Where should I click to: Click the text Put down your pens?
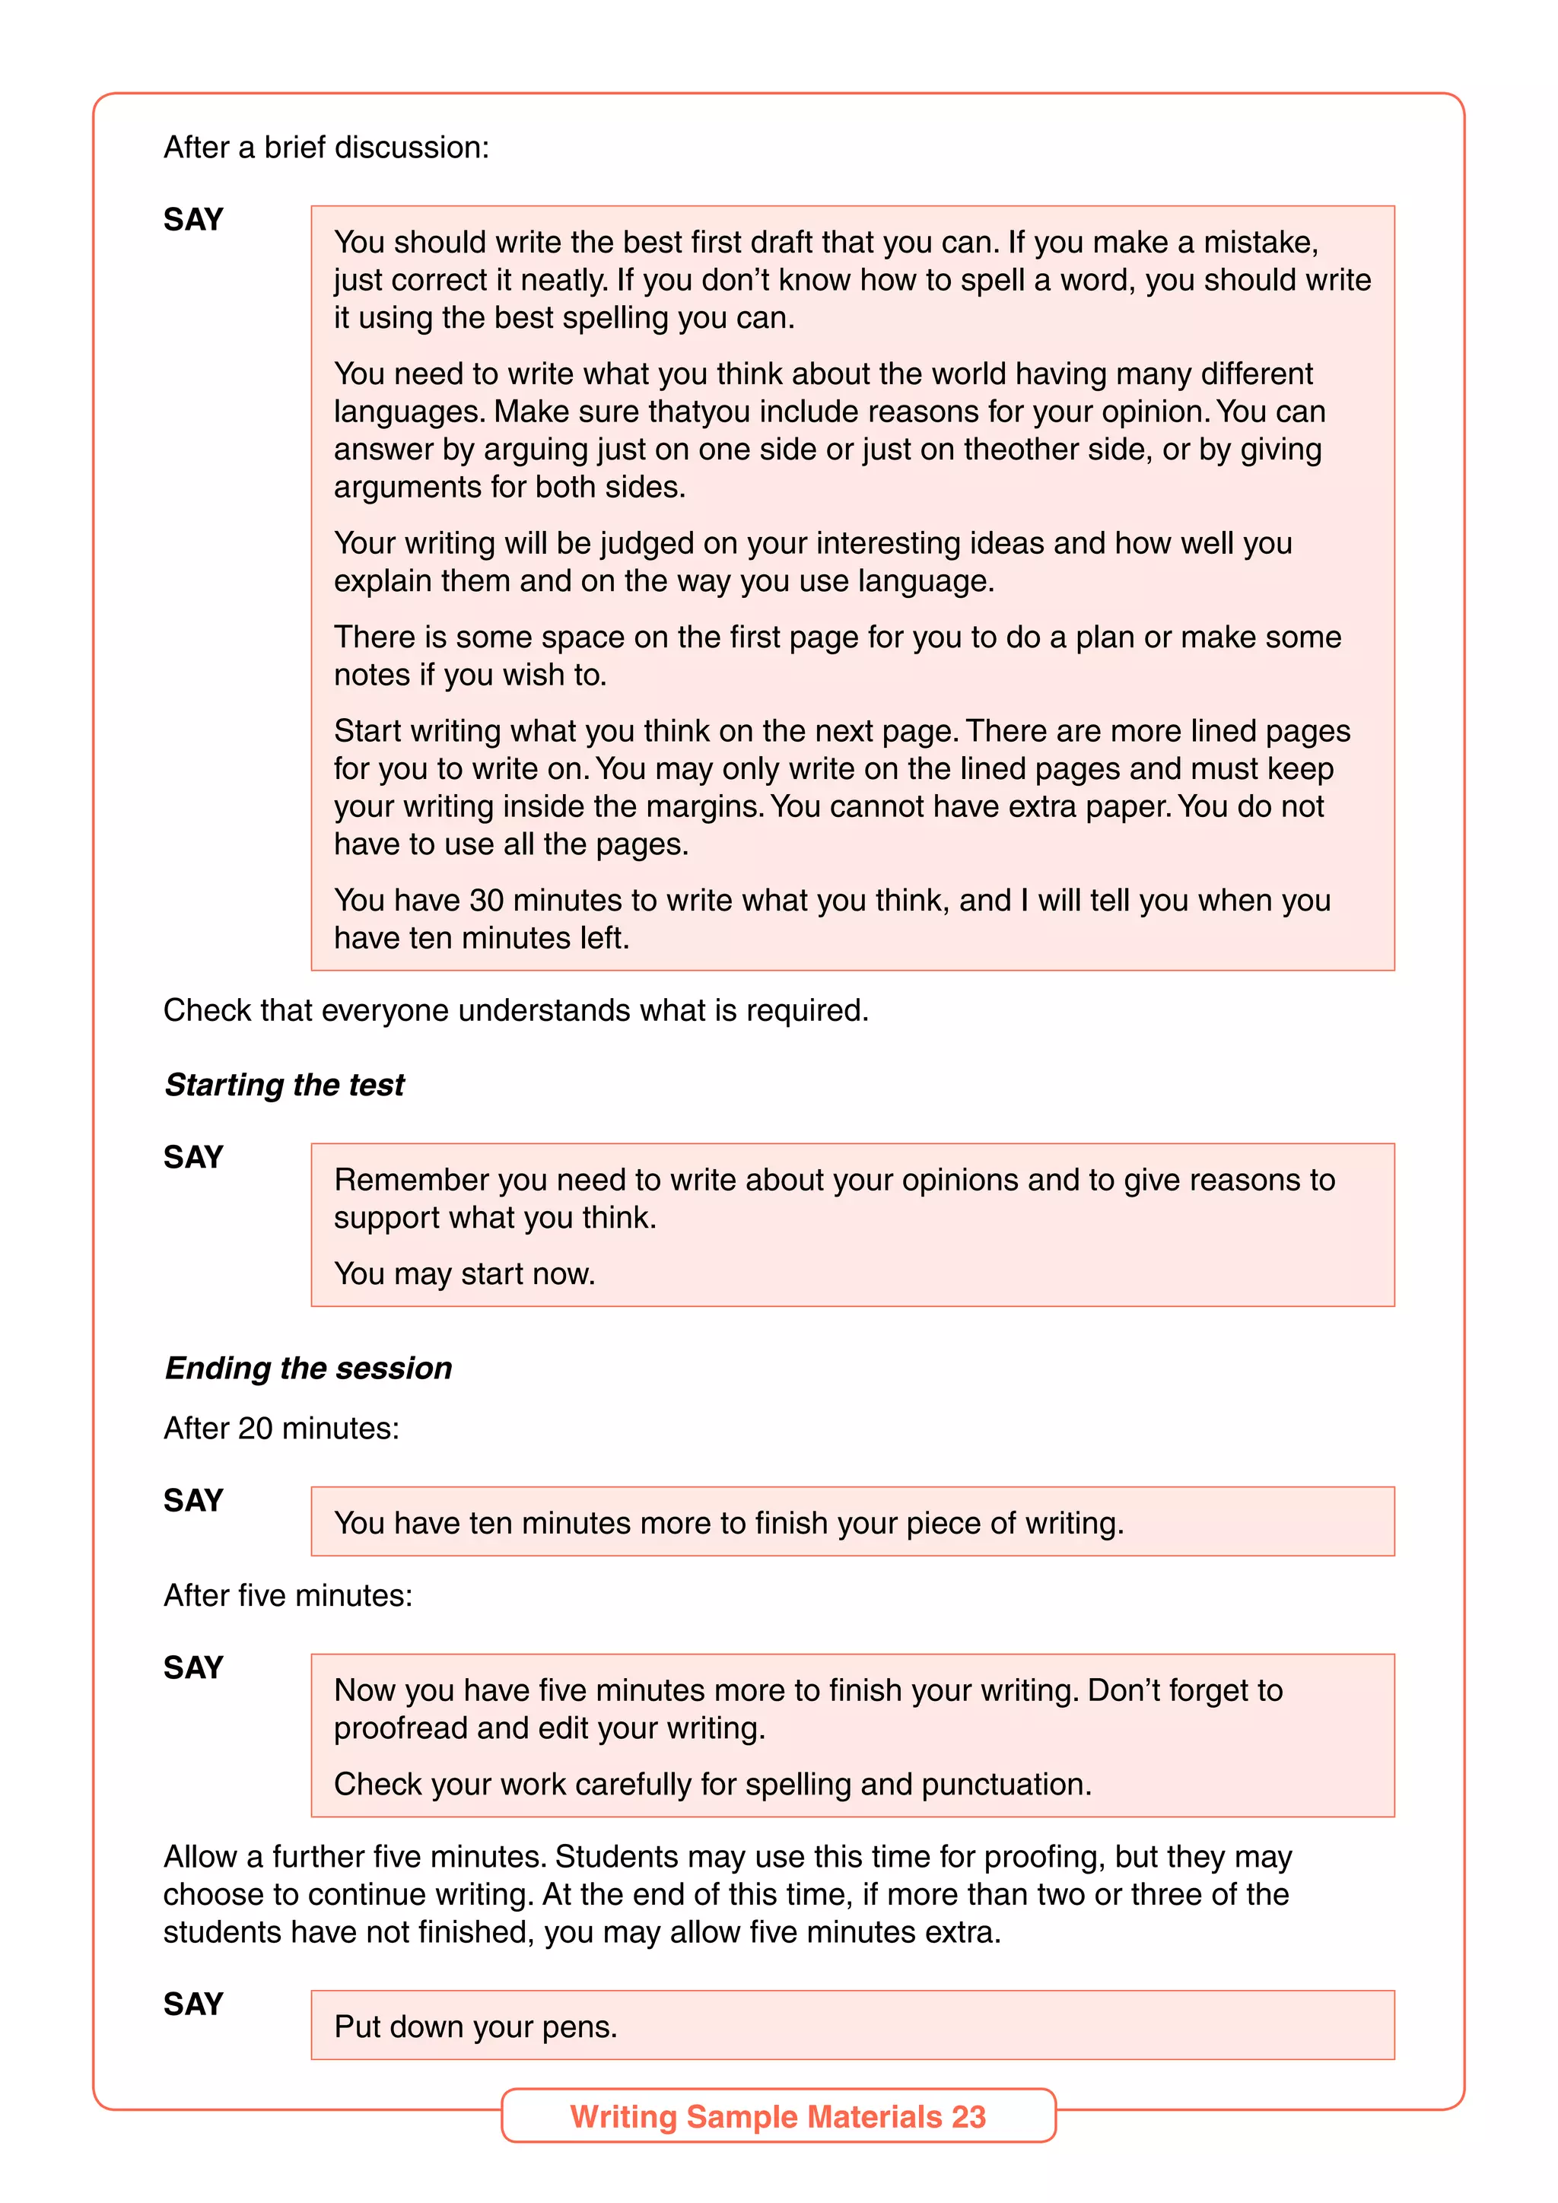[475, 2026]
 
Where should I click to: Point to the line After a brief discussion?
[326, 147]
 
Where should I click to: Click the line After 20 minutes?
[281, 1428]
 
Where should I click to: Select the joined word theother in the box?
[1024, 449]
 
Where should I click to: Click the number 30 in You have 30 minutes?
[485, 900]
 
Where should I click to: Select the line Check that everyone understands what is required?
[515, 1010]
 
